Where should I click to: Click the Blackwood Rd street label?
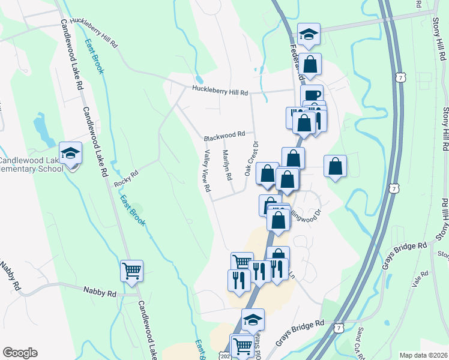pos(224,135)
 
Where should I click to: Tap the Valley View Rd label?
pos(206,171)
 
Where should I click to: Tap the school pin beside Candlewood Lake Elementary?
pos(70,154)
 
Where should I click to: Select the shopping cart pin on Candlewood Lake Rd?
pos(131,270)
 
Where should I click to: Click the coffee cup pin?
pos(312,95)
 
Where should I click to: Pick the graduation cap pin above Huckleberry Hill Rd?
pos(309,34)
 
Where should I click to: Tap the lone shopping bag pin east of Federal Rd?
pos(335,166)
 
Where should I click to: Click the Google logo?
pos(20,353)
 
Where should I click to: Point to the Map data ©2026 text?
pos(423,355)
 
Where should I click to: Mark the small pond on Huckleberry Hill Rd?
pos(199,80)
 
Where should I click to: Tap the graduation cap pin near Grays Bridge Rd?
pos(253,320)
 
